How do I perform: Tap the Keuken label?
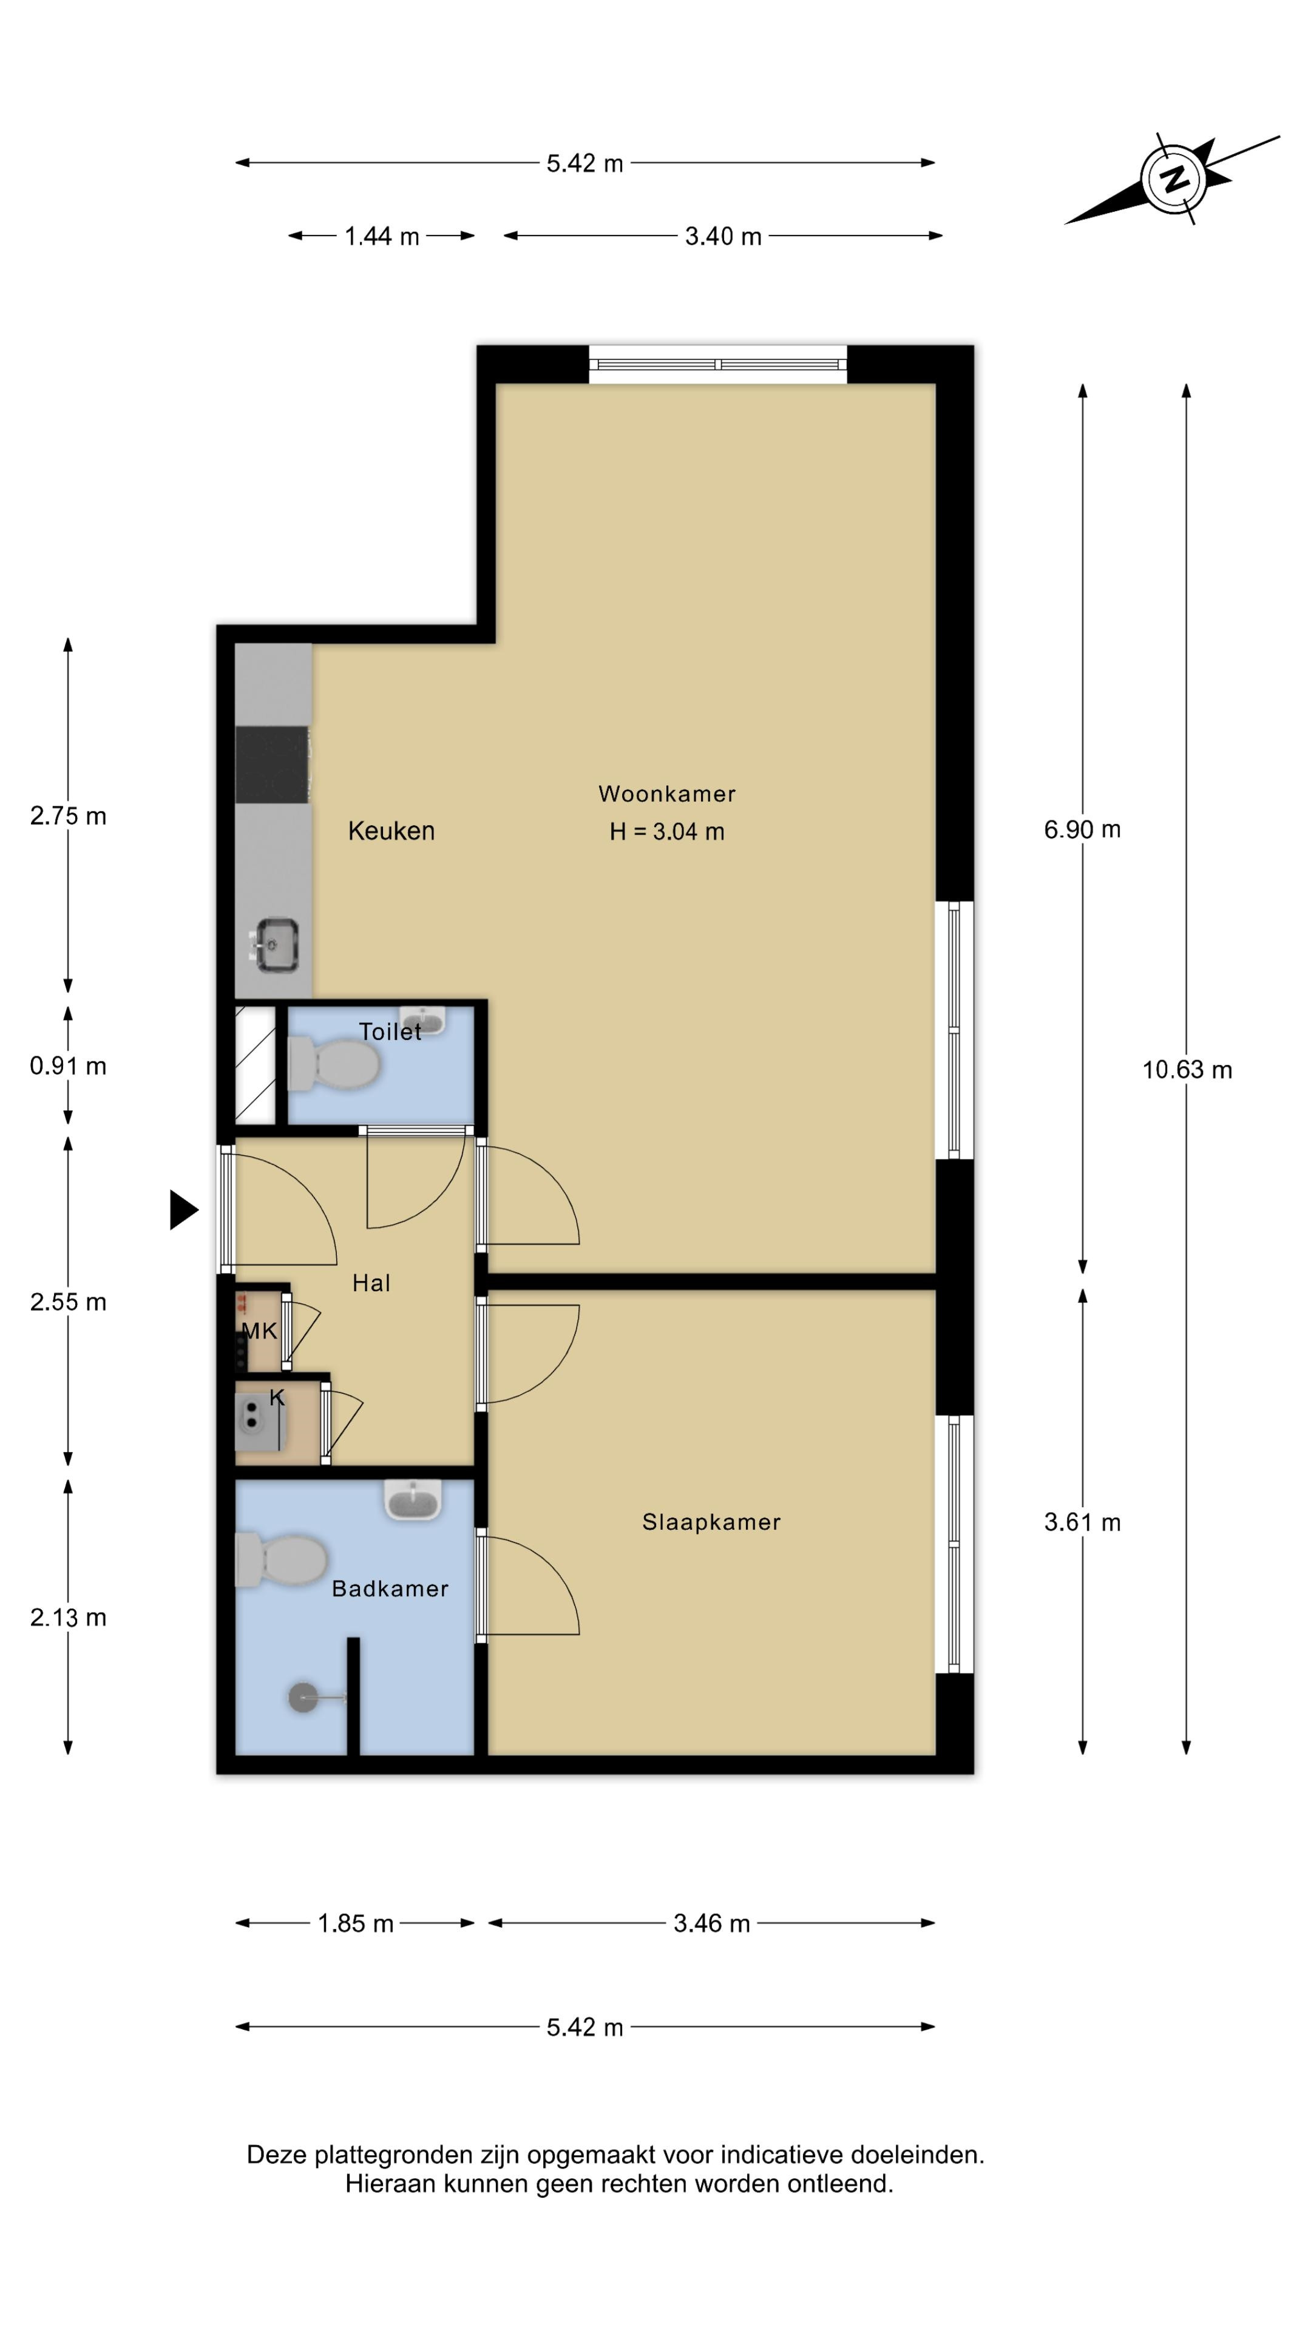[391, 830]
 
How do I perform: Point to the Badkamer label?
[390, 1589]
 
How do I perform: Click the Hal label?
[371, 1283]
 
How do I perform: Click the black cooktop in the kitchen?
[273, 765]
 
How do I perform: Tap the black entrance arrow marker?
[184, 1209]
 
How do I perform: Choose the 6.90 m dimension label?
[1082, 829]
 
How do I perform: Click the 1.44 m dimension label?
[382, 236]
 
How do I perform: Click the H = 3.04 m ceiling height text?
[667, 831]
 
